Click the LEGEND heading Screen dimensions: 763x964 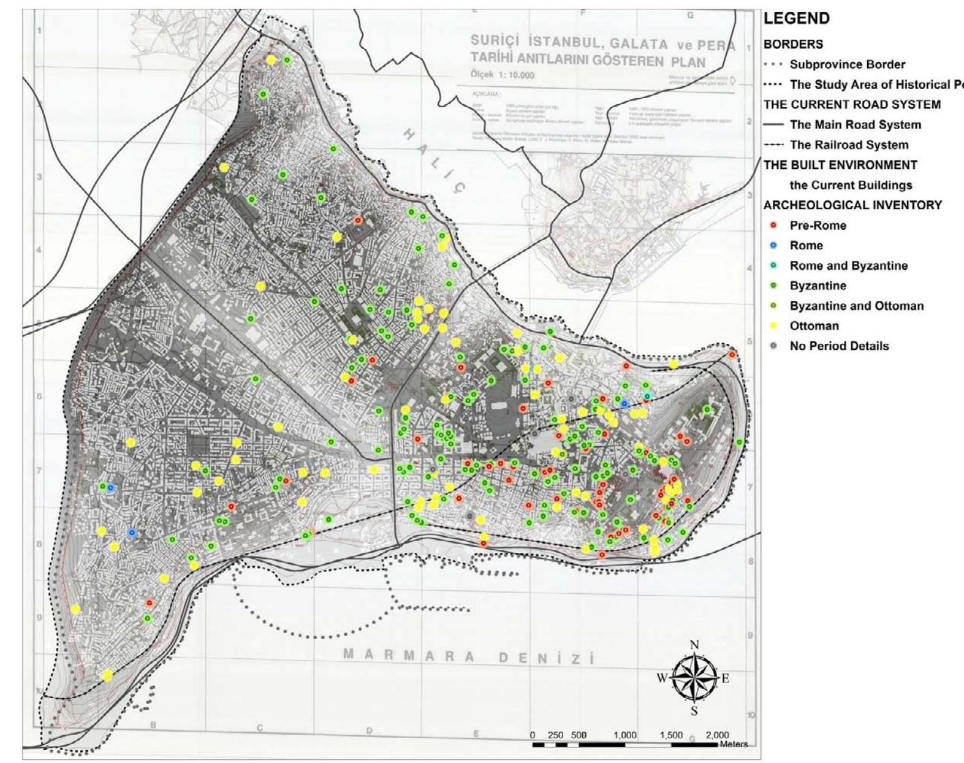pos(797,18)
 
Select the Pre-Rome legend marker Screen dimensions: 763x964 pos(773,226)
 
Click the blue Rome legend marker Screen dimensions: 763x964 pos(773,246)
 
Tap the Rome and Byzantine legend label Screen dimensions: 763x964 pos(848,266)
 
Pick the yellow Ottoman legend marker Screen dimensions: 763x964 pos(773,326)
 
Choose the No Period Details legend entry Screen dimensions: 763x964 pos(838,346)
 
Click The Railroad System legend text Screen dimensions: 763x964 pos(849,145)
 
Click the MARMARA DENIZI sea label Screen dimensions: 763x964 pos(469,657)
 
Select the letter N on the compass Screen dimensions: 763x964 pos(694,645)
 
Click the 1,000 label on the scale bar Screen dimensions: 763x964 pos(624,735)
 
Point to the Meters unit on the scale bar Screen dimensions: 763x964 pos(734,744)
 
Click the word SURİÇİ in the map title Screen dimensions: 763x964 pos(495,40)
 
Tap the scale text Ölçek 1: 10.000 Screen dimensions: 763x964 pos(502,75)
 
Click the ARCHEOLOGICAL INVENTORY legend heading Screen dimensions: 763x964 pos(852,205)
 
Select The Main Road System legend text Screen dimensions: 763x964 pos(855,125)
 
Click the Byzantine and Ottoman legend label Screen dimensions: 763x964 pos(856,306)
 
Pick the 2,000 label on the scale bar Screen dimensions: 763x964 pos(717,735)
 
